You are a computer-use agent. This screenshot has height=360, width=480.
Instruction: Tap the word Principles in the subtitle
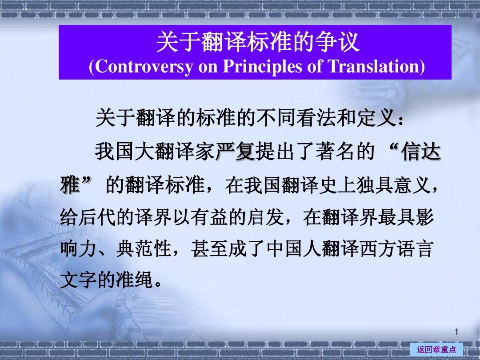click(263, 66)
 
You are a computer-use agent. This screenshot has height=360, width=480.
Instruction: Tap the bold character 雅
click(70, 184)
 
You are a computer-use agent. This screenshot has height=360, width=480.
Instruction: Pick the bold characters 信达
click(421, 152)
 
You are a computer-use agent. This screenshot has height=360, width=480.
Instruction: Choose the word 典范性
click(144, 249)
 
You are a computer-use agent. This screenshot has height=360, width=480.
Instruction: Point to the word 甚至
click(209, 249)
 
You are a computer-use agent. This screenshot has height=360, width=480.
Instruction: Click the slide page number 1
click(456, 332)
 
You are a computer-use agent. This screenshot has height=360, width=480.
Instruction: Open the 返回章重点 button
click(436, 349)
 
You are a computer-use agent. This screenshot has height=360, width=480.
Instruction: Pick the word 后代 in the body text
click(97, 217)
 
